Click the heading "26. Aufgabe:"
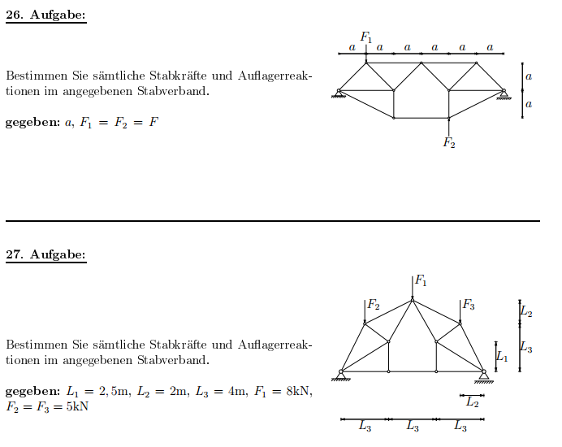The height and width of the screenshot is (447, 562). pyautogui.click(x=45, y=15)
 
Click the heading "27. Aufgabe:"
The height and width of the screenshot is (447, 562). pyautogui.click(x=45, y=254)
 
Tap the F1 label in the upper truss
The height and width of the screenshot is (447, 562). pyautogui.click(x=366, y=37)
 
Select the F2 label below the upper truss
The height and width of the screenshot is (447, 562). pyautogui.click(x=449, y=142)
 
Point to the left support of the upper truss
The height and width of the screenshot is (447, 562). pyautogui.click(x=339, y=93)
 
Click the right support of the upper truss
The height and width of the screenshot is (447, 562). pyautogui.click(x=504, y=94)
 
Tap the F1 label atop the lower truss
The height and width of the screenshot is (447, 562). pyautogui.click(x=421, y=280)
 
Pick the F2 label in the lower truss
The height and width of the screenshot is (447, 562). pyautogui.click(x=374, y=305)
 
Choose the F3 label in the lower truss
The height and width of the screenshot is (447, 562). pyautogui.click(x=469, y=305)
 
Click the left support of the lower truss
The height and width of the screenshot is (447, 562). pyautogui.click(x=341, y=375)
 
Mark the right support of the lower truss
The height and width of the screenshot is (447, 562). pyautogui.click(x=484, y=376)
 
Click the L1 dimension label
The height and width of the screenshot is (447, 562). pyautogui.click(x=502, y=357)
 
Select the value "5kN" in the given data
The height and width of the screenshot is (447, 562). pyautogui.click(x=77, y=406)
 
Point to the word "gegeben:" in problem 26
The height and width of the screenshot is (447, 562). pyautogui.click(x=33, y=123)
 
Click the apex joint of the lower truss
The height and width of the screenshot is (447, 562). pyautogui.click(x=413, y=300)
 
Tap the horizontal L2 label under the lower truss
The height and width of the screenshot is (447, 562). pyautogui.click(x=473, y=402)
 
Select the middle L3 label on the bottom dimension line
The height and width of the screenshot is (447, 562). pyautogui.click(x=413, y=426)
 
